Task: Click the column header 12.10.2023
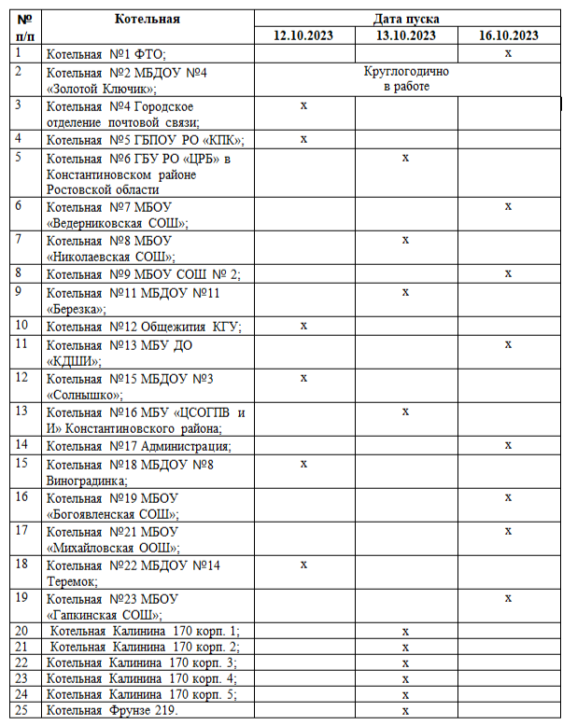point(303,35)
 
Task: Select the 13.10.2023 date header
point(405,35)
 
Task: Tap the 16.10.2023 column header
point(508,35)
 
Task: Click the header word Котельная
point(148,19)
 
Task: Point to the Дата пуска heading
point(406,19)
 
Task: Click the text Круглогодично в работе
point(405,79)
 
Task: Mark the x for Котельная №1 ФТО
point(508,53)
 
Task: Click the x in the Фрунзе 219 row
point(405,711)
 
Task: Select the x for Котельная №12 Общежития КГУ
point(303,326)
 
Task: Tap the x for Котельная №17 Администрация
point(508,445)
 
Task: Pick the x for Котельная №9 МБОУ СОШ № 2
point(508,273)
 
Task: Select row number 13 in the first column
point(23,411)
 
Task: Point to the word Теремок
point(71,580)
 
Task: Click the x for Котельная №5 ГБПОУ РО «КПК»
point(303,139)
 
